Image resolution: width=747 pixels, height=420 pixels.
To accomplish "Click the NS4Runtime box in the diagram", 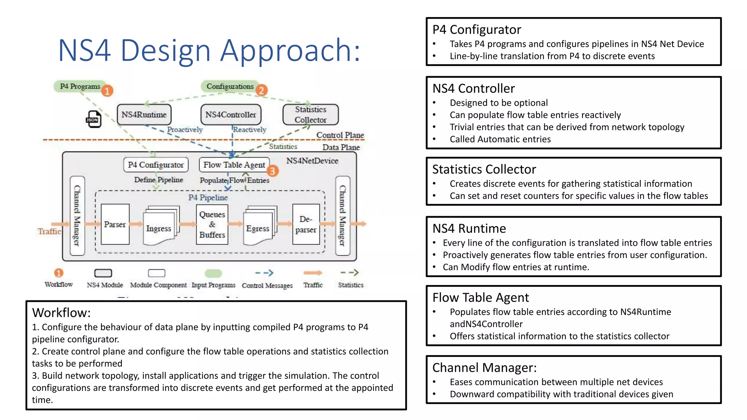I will [144, 115].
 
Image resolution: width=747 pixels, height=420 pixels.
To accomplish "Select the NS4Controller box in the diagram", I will [231, 115].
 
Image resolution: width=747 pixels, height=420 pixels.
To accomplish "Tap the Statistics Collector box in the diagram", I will [310, 114].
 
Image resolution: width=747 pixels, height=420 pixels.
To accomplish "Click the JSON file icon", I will [93, 119].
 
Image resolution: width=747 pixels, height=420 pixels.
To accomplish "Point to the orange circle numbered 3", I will [272, 171].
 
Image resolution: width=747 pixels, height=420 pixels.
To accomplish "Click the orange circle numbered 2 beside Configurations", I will [261, 90].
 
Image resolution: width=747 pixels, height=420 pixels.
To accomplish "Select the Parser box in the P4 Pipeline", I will [115, 224].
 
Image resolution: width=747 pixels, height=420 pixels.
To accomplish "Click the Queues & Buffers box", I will [212, 224].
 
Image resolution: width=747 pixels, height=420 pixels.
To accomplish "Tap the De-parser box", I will [306, 224].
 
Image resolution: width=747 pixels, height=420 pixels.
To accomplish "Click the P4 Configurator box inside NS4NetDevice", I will [156, 165].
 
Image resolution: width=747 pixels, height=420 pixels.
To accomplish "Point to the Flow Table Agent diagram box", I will [234, 165].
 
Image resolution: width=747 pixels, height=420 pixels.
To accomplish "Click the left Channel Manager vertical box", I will [77, 216].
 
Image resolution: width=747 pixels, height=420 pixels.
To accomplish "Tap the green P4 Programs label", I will [80, 86].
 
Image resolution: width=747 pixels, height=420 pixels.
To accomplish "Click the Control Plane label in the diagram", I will [340, 135].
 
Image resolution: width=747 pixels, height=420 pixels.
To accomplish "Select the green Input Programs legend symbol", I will [213, 273].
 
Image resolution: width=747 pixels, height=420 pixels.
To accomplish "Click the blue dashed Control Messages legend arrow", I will [264, 273].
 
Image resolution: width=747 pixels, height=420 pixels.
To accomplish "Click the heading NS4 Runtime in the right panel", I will [469, 229].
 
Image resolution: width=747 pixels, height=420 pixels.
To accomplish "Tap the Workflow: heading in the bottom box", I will [61, 313].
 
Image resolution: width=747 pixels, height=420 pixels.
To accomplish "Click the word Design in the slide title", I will [166, 50].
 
